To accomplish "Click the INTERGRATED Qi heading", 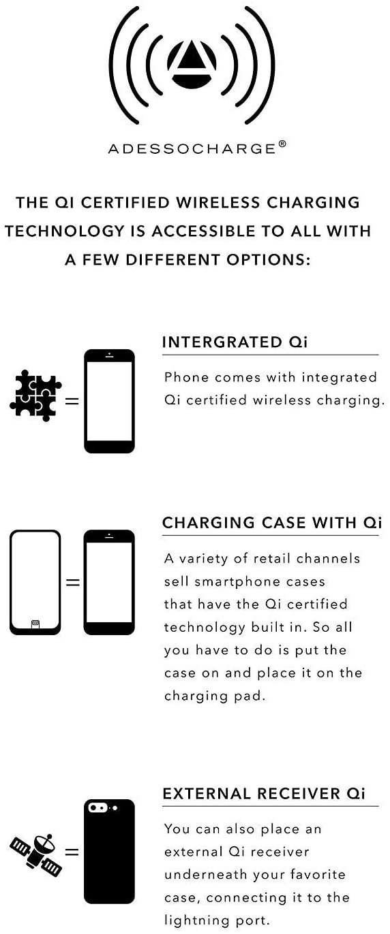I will coord(235,342).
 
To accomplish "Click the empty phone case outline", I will coord(35,582).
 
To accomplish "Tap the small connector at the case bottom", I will coord(35,624).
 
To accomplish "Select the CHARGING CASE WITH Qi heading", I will coord(271,523).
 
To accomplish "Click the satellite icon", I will coord(36,851).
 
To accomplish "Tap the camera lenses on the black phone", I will coord(99,808).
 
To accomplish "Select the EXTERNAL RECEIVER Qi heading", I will coord(263,794).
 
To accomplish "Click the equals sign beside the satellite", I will coord(72,851).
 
